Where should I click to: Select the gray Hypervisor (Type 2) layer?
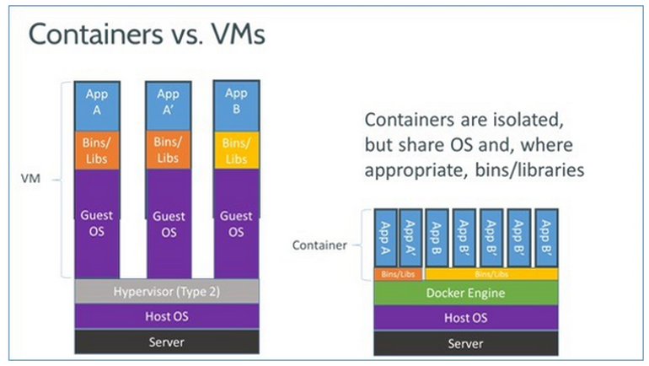(166, 291)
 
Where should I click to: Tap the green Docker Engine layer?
(465, 293)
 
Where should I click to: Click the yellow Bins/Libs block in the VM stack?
(236, 151)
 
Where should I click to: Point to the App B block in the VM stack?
(236, 101)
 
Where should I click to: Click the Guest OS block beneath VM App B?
(236, 223)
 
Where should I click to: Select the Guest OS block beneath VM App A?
(97, 223)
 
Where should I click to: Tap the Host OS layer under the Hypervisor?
(166, 316)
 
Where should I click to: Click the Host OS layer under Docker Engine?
(465, 318)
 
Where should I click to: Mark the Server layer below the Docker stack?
(465, 343)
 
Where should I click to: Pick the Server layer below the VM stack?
(166, 342)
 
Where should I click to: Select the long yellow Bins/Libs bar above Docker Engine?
(491, 274)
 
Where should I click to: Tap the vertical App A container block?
(385, 238)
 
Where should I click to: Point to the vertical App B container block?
(437, 238)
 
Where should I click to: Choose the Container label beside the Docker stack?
(319, 245)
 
